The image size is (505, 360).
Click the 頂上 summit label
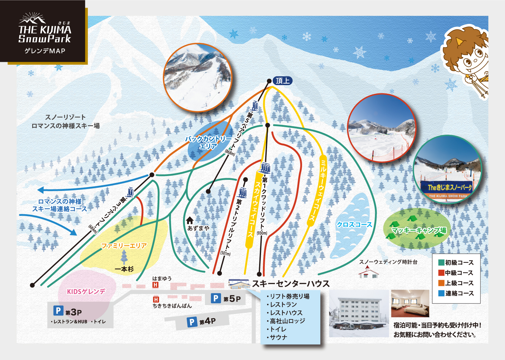pyautogui.click(x=282, y=81)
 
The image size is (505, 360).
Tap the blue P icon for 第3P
pyautogui.click(x=58, y=311)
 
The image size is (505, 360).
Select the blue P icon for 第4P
pyautogui.click(x=192, y=322)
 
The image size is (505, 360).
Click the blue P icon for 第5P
pyautogui.click(x=216, y=298)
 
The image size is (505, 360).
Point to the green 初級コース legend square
pyautogui.click(x=441, y=263)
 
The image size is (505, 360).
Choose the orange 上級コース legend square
pyautogui.click(x=441, y=283)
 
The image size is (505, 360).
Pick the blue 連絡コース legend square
pyautogui.click(x=441, y=293)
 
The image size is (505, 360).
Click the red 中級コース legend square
pyautogui.click(x=441, y=273)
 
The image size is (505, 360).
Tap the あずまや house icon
pyautogui.click(x=190, y=220)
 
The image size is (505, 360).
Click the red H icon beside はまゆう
pyautogui.click(x=155, y=285)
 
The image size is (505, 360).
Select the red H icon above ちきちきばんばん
pyautogui.click(x=156, y=299)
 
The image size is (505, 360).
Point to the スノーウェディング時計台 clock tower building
pyautogui.click(x=368, y=272)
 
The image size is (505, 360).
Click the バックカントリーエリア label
pyautogui.click(x=208, y=142)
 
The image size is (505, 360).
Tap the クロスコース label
pyautogui.click(x=354, y=224)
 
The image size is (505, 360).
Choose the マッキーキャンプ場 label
pyautogui.click(x=419, y=230)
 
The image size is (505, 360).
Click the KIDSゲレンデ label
pyautogui.click(x=86, y=292)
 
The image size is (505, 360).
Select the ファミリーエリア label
pyautogui.click(x=124, y=245)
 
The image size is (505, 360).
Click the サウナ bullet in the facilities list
pyautogui.click(x=278, y=337)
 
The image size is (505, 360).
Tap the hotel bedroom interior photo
pyautogui.click(x=410, y=303)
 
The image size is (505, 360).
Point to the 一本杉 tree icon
pyautogui.click(x=124, y=257)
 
